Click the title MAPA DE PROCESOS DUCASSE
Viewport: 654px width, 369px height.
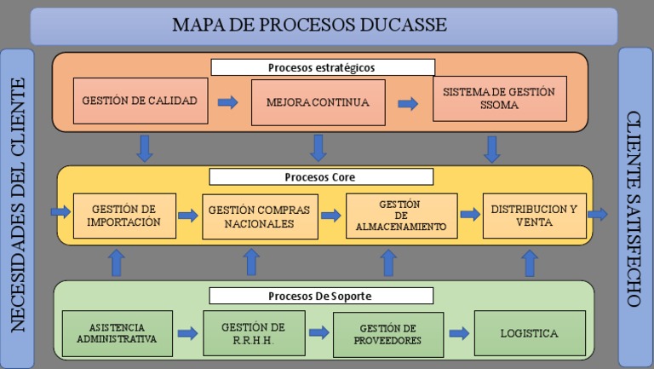point(309,25)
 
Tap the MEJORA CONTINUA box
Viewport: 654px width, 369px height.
point(318,103)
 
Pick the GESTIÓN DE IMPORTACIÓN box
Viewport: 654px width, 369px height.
point(124,216)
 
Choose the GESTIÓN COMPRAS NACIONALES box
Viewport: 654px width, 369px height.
point(258,216)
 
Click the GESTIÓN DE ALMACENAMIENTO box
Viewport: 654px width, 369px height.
point(400,216)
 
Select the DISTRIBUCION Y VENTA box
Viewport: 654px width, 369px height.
point(534,216)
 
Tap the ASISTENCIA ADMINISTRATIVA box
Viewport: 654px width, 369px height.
point(117,333)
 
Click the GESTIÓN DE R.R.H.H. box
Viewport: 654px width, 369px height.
point(254,333)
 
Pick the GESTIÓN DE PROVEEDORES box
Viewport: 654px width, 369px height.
point(387,334)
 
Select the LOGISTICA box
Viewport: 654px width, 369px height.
point(529,333)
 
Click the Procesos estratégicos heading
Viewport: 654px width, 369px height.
point(322,67)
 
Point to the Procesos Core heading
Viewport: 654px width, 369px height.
point(321,177)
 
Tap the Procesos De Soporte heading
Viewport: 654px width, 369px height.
point(321,296)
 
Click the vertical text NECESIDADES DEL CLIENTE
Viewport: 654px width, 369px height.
point(16,205)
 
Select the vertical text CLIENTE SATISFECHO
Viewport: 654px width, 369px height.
point(635,209)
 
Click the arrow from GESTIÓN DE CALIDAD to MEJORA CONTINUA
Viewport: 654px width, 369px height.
point(228,102)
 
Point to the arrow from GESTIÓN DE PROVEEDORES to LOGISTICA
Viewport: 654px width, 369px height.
point(459,333)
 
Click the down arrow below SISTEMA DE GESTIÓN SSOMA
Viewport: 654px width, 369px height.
point(491,149)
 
